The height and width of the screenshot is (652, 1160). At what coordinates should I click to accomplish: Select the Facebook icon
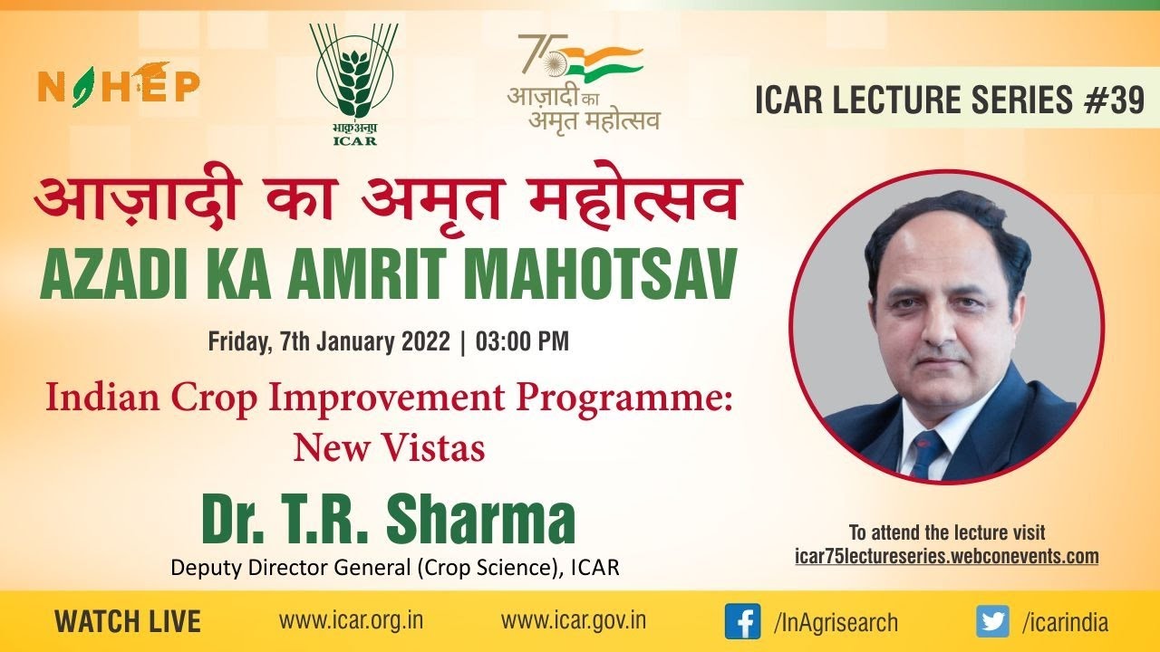(x=742, y=621)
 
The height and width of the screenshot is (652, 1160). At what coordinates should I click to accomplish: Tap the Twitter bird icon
(x=992, y=621)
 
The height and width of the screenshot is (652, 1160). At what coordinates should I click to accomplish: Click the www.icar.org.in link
(x=351, y=621)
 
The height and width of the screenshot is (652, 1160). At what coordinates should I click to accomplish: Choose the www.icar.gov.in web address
(x=573, y=621)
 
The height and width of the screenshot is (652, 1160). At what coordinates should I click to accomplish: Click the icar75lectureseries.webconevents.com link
(x=946, y=556)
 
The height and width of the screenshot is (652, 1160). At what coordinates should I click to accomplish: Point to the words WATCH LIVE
(x=128, y=622)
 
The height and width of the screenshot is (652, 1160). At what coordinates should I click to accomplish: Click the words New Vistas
(x=388, y=447)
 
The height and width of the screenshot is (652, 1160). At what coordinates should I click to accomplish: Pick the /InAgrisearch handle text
(x=835, y=622)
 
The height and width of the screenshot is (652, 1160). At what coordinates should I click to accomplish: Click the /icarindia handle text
(x=1065, y=622)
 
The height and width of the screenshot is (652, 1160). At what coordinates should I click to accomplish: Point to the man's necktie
(x=927, y=452)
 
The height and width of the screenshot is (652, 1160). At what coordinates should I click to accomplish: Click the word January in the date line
(x=369, y=342)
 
